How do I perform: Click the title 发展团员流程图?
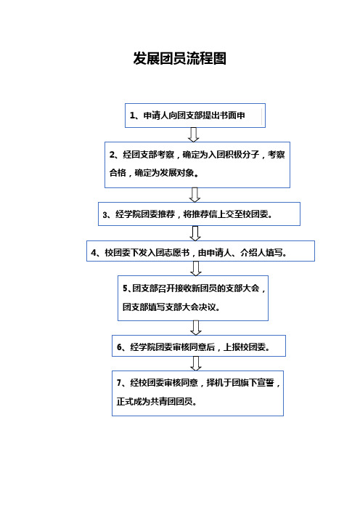tap(180, 59)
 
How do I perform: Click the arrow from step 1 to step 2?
tap(194, 134)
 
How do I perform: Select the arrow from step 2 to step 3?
tap(195, 195)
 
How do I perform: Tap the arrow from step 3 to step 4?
tap(195, 233)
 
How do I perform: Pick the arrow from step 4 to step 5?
tap(195, 268)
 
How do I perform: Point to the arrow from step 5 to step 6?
tap(196, 328)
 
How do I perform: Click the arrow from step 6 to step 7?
tap(196, 364)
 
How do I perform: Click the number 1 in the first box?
tap(132, 116)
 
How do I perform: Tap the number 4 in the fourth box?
tap(94, 253)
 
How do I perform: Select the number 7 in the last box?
tap(119, 383)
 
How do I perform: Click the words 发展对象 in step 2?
tap(177, 173)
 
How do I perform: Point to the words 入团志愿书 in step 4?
tap(168, 253)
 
